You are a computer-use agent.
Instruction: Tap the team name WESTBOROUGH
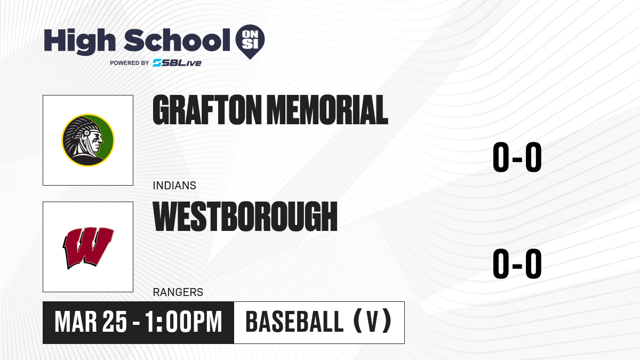(245, 217)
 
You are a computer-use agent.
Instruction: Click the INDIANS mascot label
(174, 186)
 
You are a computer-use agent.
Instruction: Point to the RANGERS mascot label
(178, 292)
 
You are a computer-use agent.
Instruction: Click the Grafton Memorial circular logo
(88, 140)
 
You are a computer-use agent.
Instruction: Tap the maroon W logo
(88, 247)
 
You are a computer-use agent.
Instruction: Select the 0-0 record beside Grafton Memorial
(517, 157)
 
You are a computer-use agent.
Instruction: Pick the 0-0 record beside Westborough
(517, 263)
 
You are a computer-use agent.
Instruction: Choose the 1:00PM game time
(183, 322)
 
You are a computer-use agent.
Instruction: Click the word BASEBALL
(294, 322)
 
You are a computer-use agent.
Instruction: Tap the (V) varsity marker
(373, 321)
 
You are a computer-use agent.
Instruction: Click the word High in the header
(79, 41)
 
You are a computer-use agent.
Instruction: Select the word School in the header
(177, 41)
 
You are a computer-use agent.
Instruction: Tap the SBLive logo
(177, 63)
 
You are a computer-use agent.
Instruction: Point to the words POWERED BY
(130, 63)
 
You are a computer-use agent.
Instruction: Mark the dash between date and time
(137, 323)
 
